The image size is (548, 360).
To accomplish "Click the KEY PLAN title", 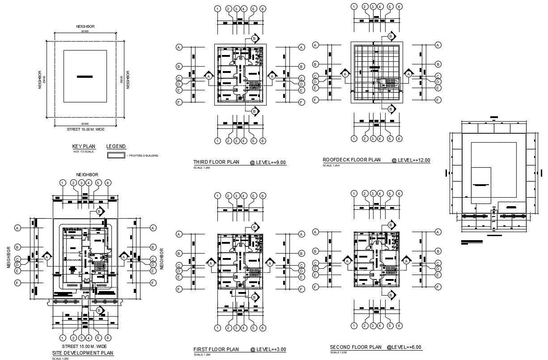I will [x=84, y=147].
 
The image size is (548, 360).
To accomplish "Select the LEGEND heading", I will [x=116, y=147].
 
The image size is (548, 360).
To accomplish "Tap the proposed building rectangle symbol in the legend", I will [x=115, y=155].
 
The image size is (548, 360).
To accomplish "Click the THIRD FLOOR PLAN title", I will [x=216, y=162].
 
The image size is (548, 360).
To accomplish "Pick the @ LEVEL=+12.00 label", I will [x=411, y=160].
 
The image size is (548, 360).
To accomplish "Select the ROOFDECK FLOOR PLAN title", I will [x=352, y=160].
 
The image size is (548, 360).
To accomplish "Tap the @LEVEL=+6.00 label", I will [x=404, y=347].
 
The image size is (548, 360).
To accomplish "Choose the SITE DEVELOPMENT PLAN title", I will [x=83, y=353].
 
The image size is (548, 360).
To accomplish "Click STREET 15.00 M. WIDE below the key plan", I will [x=85, y=128].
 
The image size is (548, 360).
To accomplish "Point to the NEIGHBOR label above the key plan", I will [x=85, y=27].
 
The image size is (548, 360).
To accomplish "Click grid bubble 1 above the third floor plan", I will [x=217, y=8].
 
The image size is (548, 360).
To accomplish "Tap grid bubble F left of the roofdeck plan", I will [x=315, y=100].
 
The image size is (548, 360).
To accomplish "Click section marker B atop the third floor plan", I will [x=254, y=38].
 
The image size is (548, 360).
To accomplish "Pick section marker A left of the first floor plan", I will [x=209, y=263].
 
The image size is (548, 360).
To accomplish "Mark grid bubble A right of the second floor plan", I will [x=438, y=232].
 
